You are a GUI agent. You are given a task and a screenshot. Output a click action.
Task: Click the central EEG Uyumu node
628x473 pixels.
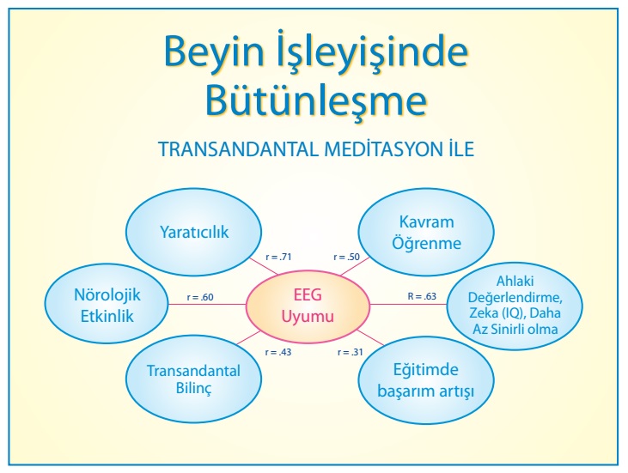(x=308, y=306)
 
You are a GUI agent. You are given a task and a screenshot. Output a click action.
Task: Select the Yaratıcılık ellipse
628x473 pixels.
(x=194, y=232)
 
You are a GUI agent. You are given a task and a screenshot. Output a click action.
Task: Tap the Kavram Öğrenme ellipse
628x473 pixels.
(x=426, y=232)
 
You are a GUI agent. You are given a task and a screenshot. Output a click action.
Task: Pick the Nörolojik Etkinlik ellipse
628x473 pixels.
(x=107, y=304)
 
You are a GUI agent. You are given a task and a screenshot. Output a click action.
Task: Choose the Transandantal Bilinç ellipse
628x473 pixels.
(x=194, y=379)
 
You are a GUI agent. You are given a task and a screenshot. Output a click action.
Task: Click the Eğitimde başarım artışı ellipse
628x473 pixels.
(x=426, y=379)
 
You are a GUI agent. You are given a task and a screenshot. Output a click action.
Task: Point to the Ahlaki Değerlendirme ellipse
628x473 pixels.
(x=515, y=306)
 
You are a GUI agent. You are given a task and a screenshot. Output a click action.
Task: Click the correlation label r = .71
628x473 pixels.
(x=278, y=257)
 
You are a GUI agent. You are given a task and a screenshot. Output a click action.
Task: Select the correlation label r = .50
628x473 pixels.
(x=346, y=257)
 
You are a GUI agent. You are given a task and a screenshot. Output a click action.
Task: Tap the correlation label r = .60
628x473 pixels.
(x=200, y=297)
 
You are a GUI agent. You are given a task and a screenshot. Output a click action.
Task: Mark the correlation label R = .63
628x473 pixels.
(x=422, y=296)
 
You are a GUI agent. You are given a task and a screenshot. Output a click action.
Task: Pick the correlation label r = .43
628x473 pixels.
(x=278, y=352)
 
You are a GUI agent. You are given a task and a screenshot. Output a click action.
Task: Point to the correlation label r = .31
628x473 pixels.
(x=350, y=352)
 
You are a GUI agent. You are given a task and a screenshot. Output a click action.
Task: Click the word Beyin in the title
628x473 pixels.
(x=214, y=53)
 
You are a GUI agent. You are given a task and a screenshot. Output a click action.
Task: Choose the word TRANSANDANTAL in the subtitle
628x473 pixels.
(x=238, y=149)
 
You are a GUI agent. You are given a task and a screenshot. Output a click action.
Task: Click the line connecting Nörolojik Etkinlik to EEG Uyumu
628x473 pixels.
(x=207, y=305)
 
